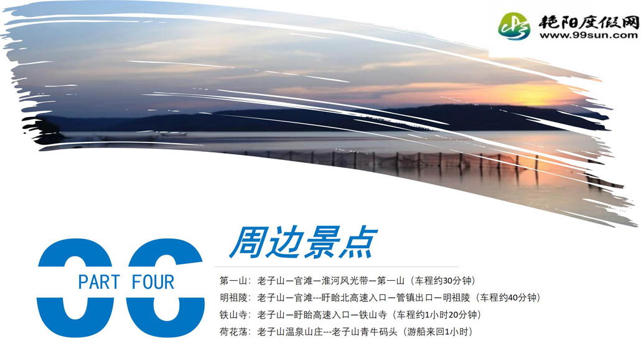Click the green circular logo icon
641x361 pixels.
[514, 26]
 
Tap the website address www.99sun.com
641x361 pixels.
[588, 35]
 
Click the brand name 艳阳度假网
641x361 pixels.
[588, 22]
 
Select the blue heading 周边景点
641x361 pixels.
[303, 243]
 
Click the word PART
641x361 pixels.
[99, 282]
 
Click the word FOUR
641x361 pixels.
[153, 282]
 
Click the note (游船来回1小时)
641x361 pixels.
[437, 332]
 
